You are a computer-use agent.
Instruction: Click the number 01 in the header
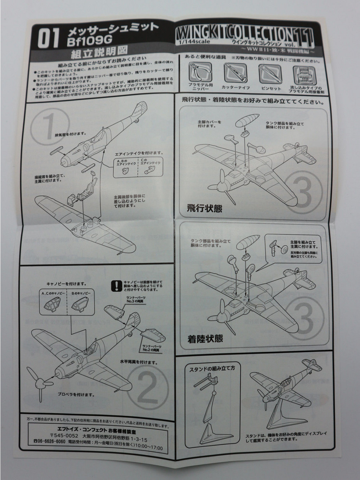point(47,39)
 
